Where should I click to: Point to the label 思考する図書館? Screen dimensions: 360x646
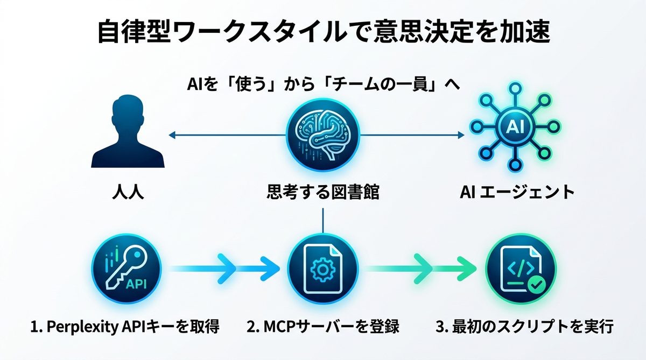click(322, 192)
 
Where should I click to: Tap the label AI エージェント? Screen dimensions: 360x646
click(517, 192)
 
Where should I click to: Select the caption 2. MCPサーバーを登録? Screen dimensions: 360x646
click(322, 327)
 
